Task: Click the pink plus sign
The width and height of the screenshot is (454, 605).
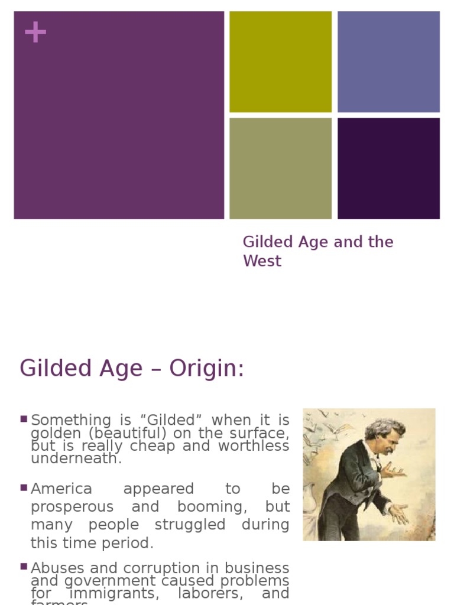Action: point(35,32)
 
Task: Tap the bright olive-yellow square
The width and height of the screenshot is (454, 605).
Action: point(280,61)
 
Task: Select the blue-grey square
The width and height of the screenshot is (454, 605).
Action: point(388,61)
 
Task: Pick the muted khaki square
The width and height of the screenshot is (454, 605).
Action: point(280,168)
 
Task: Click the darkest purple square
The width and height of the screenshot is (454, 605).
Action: point(388,168)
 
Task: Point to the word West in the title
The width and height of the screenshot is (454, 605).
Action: point(262,261)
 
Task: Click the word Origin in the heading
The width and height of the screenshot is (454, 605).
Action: point(206,369)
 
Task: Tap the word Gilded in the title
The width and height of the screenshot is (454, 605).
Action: point(267,242)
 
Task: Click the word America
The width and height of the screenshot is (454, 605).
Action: point(61,489)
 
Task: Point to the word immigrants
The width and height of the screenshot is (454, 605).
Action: point(108,593)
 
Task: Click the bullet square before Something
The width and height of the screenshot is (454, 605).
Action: point(24,419)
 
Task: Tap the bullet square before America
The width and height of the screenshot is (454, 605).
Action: point(24,487)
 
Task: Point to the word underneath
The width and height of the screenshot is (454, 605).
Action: point(76,459)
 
